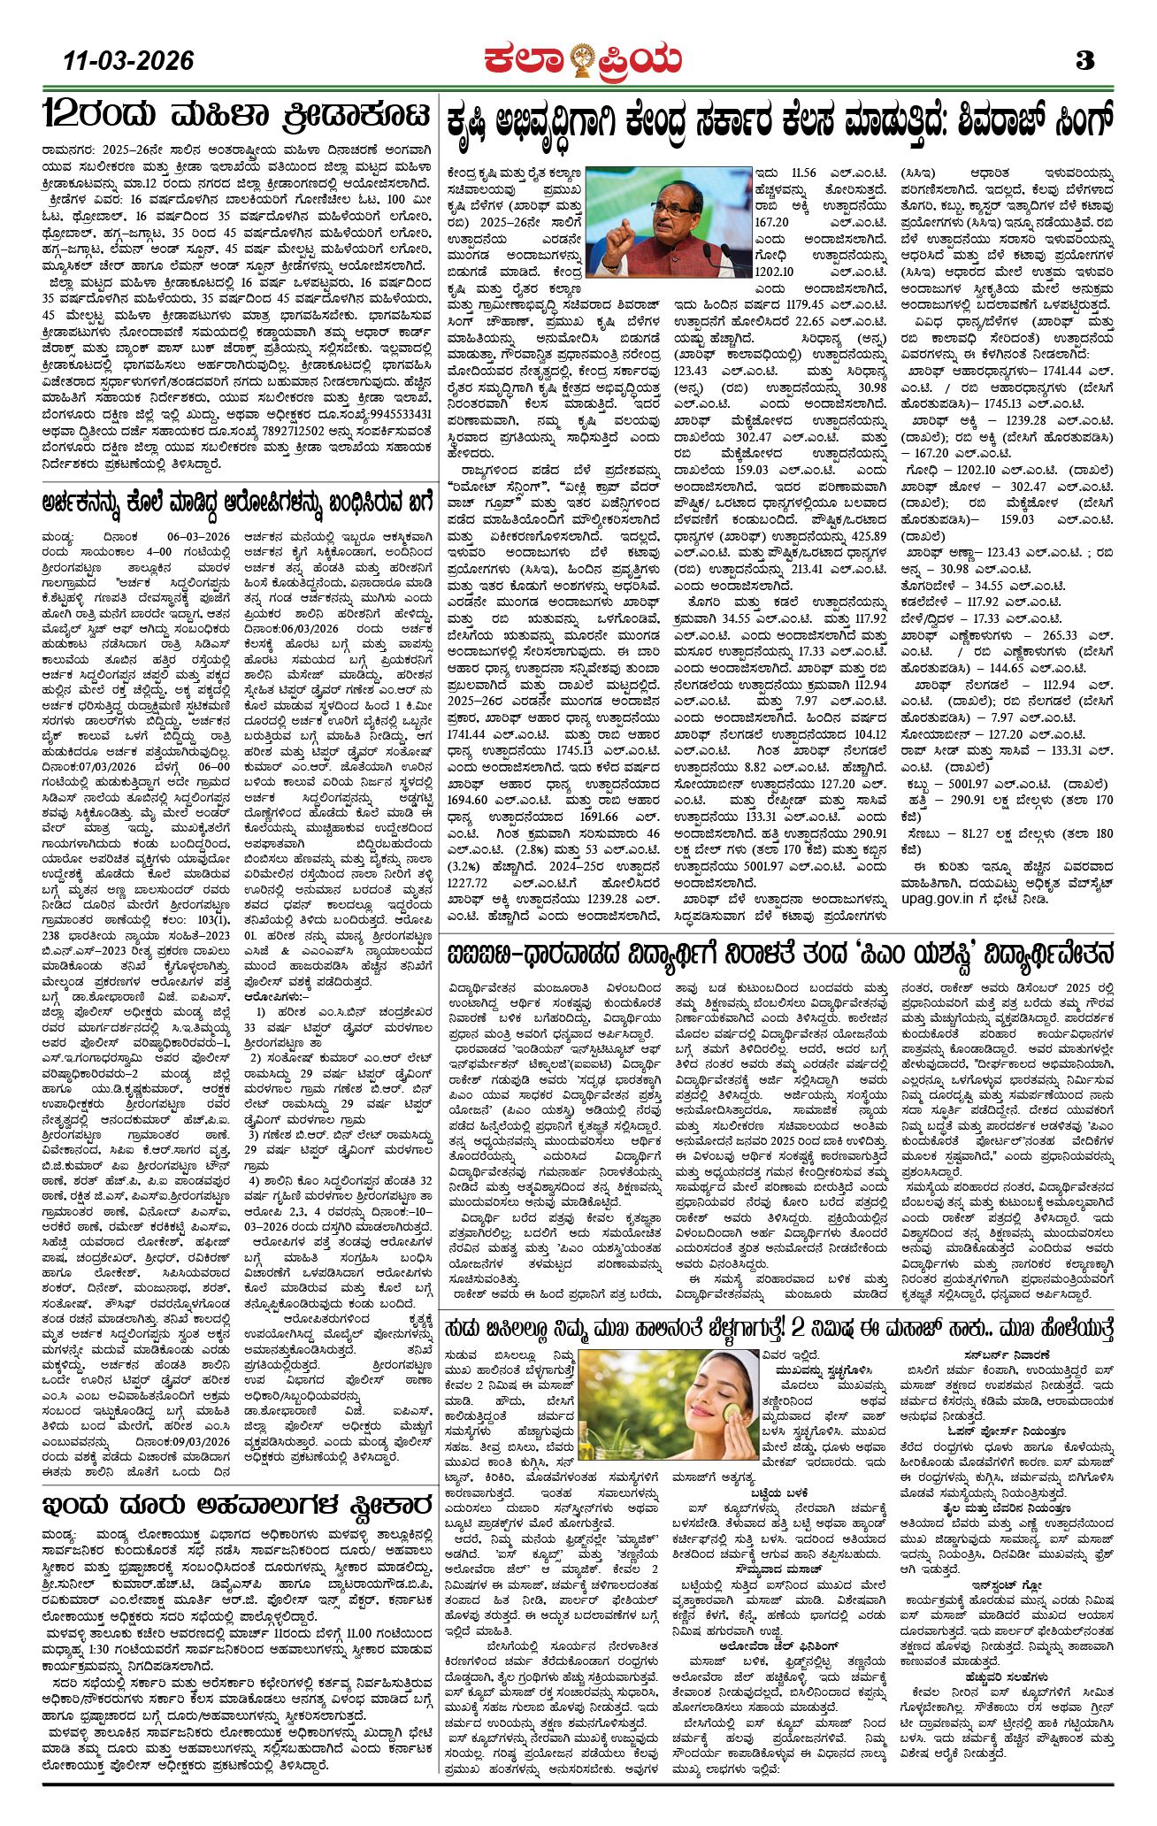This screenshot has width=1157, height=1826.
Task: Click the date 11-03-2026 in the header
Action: [128, 60]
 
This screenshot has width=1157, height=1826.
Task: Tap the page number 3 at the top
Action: [1085, 61]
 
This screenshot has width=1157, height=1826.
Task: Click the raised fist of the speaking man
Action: [621, 231]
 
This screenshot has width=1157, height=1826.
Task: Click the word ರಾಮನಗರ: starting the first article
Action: [70, 150]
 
